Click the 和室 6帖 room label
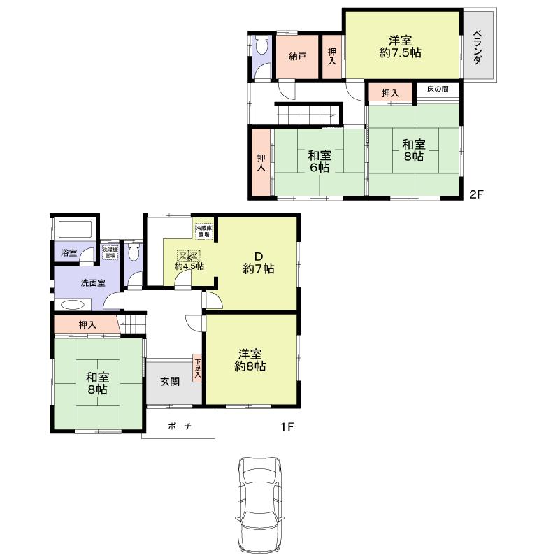click(318, 161)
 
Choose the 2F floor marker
click(476, 195)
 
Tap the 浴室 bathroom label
click(69, 252)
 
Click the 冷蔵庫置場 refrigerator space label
click(204, 231)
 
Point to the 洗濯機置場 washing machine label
click(110, 253)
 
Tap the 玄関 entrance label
click(169, 382)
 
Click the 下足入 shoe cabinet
click(198, 368)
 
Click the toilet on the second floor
click(261, 47)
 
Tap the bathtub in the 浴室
click(76, 230)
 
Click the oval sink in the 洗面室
click(72, 305)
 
